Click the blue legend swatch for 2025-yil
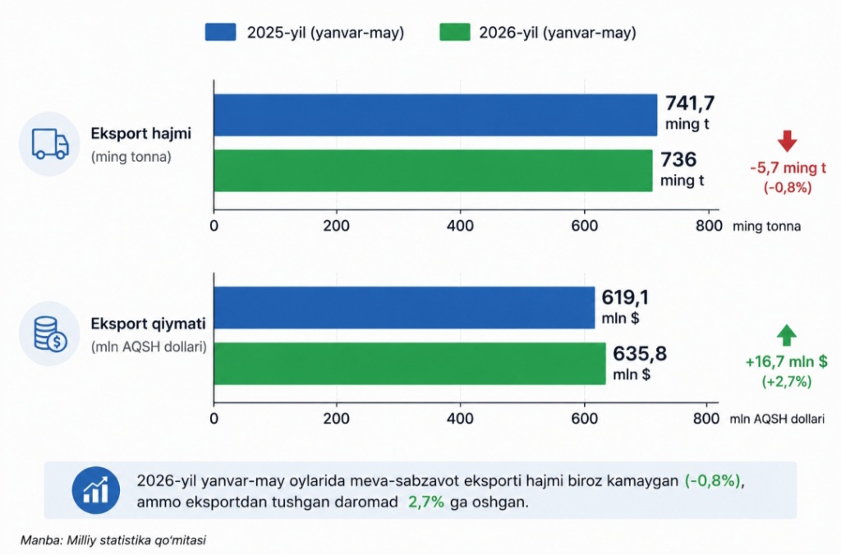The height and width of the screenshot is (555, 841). (220, 32)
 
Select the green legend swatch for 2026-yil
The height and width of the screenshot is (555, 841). (455, 32)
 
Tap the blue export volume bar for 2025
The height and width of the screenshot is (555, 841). (435, 115)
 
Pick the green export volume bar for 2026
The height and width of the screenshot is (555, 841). (434, 171)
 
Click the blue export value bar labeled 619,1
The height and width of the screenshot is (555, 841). (404, 307)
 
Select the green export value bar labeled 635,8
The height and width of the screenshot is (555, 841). (410, 364)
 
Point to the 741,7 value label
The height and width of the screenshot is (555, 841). (690, 103)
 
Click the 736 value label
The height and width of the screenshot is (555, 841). (678, 159)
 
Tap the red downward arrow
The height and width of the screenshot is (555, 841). (787, 141)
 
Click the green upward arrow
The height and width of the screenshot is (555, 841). (786, 335)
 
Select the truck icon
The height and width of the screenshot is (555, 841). (50, 144)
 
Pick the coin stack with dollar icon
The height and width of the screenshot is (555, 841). (50, 334)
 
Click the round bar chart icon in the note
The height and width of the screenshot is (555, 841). (95, 490)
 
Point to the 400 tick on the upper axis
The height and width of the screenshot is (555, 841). (460, 226)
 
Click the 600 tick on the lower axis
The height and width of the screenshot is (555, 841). (584, 418)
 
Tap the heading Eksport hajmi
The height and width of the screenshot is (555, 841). (140, 134)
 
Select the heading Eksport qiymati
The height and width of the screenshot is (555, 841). (148, 323)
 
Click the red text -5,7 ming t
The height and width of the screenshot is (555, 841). (788, 167)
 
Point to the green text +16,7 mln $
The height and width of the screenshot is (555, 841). (786, 361)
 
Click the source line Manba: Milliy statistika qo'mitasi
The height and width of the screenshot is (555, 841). (113, 540)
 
